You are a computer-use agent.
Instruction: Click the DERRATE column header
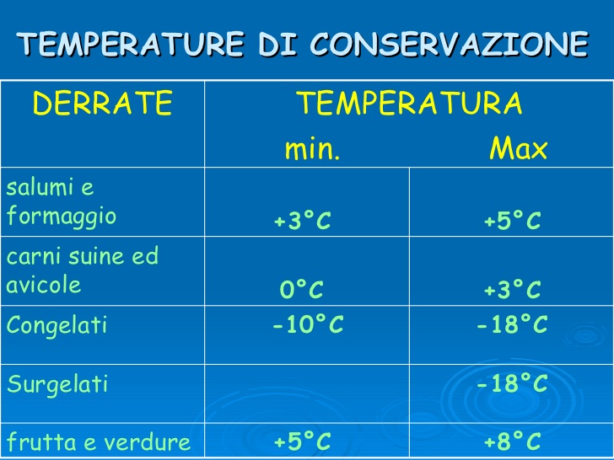click(102, 104)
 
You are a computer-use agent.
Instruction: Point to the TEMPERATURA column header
click(409, 104)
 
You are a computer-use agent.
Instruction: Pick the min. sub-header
click(312, 150)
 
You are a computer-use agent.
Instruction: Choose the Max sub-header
click(519, 150)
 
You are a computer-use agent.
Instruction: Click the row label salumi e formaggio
click(62, 202)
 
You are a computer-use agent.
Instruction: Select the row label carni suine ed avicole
click(82, 270)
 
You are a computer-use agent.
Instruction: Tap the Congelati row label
click(57, 326)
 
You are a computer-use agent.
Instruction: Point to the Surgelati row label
click(57, 385)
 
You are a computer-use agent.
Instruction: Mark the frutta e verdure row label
click(99, 441)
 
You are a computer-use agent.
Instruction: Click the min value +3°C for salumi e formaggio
click(302, 222)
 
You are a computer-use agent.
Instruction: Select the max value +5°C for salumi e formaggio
click(512, 222)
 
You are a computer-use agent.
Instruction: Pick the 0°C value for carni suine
click(302, 291)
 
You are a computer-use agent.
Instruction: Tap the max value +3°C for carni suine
click(512, 291)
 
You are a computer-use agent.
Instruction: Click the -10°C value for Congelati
click(308, 326)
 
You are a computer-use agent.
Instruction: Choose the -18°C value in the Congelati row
click(512, 326)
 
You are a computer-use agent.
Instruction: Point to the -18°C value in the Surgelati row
click(512, 385)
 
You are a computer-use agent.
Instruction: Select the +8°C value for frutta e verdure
click(512, 441)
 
